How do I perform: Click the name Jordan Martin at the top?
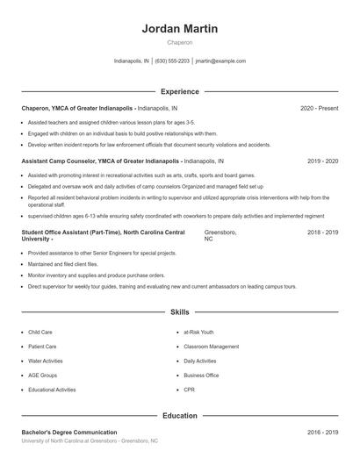[180, 29]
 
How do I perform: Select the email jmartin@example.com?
[220, 61]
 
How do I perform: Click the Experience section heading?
[179, 91]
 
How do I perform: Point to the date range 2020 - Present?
[319, 108]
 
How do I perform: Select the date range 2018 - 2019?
[322, 232]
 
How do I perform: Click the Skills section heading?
[179, 311]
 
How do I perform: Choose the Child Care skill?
[40, 333]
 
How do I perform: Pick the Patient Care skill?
[42, 347]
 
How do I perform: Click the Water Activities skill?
[47, 361]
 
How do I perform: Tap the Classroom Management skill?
[211, 347]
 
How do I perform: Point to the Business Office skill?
[201, 375]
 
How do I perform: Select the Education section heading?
[179, 416]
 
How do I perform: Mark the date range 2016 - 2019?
[322, 433]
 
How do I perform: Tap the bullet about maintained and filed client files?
[63, 263]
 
